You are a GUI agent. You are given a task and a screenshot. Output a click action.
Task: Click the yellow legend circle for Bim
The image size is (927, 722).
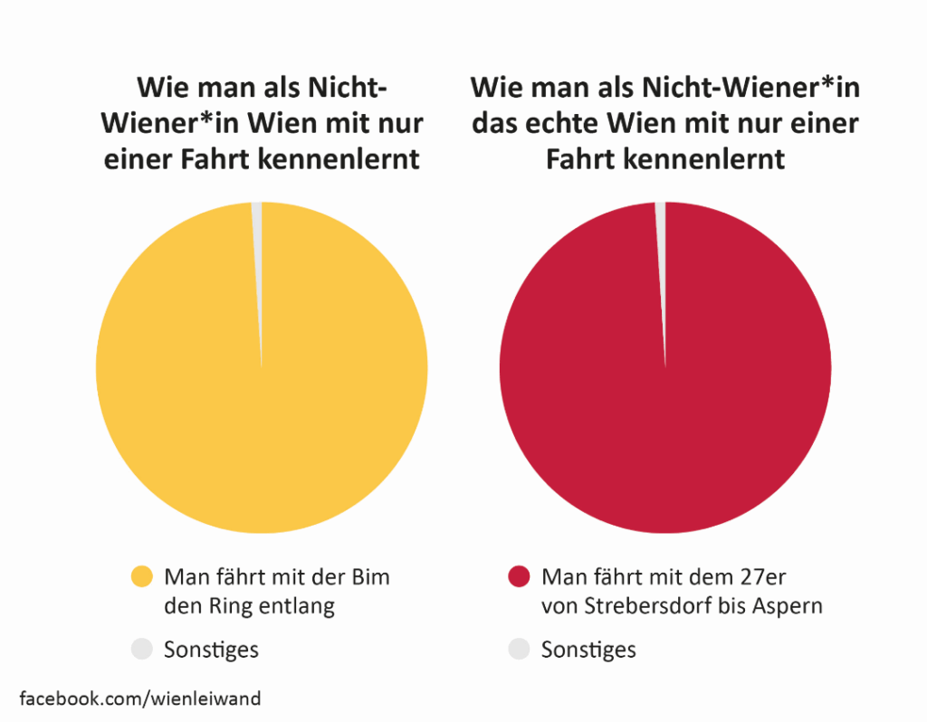(142, 577)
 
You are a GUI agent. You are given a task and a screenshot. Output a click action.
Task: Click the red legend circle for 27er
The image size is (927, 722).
(519, 577)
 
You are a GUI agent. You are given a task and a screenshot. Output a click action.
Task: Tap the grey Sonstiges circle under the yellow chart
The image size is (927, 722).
(142, 649)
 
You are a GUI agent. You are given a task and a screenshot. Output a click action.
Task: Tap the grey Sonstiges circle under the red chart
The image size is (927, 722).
(519, 649)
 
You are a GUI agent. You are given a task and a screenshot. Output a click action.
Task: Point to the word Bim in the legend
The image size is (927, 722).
(369, 577)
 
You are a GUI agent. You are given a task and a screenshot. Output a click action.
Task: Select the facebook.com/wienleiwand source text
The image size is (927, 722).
(140, 698)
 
